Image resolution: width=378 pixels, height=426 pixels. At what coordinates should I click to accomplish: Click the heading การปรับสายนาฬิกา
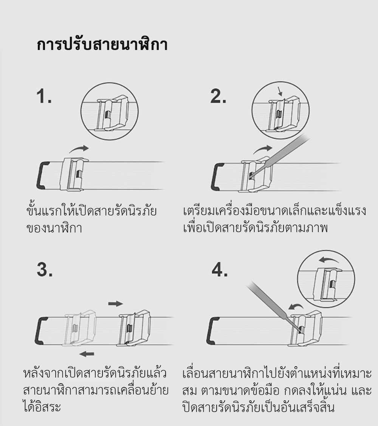102,44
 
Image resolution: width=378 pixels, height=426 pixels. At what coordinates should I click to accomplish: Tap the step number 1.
44,96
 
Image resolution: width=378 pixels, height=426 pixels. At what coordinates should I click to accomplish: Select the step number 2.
218,96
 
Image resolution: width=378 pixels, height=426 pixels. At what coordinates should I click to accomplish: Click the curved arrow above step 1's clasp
79,149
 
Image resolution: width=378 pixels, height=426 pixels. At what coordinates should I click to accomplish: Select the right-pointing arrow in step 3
116,303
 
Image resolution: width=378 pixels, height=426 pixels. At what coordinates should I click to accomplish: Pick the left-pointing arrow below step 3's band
87,354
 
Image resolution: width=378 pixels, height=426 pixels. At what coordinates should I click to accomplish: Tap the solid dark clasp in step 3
133,328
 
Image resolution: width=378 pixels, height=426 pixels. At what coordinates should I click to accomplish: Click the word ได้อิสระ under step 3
42,406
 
